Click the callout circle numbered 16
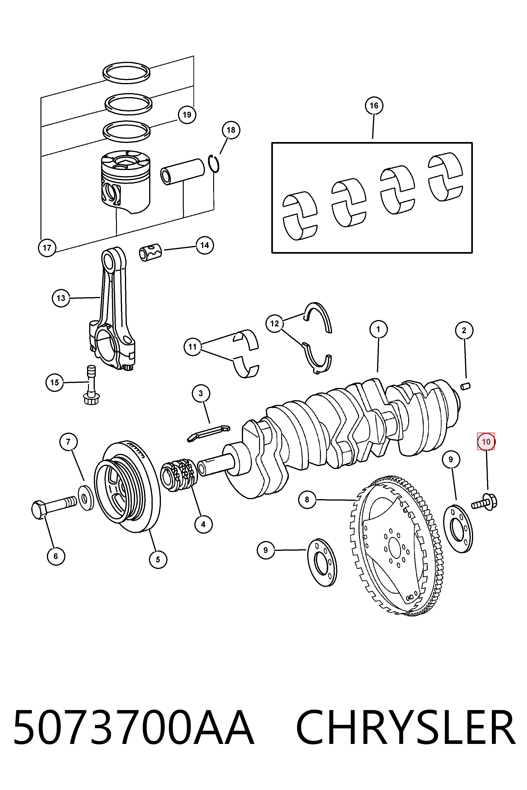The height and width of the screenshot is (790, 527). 374,106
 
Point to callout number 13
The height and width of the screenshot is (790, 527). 61,298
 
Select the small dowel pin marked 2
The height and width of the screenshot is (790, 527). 466,386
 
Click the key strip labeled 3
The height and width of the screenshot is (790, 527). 209,433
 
